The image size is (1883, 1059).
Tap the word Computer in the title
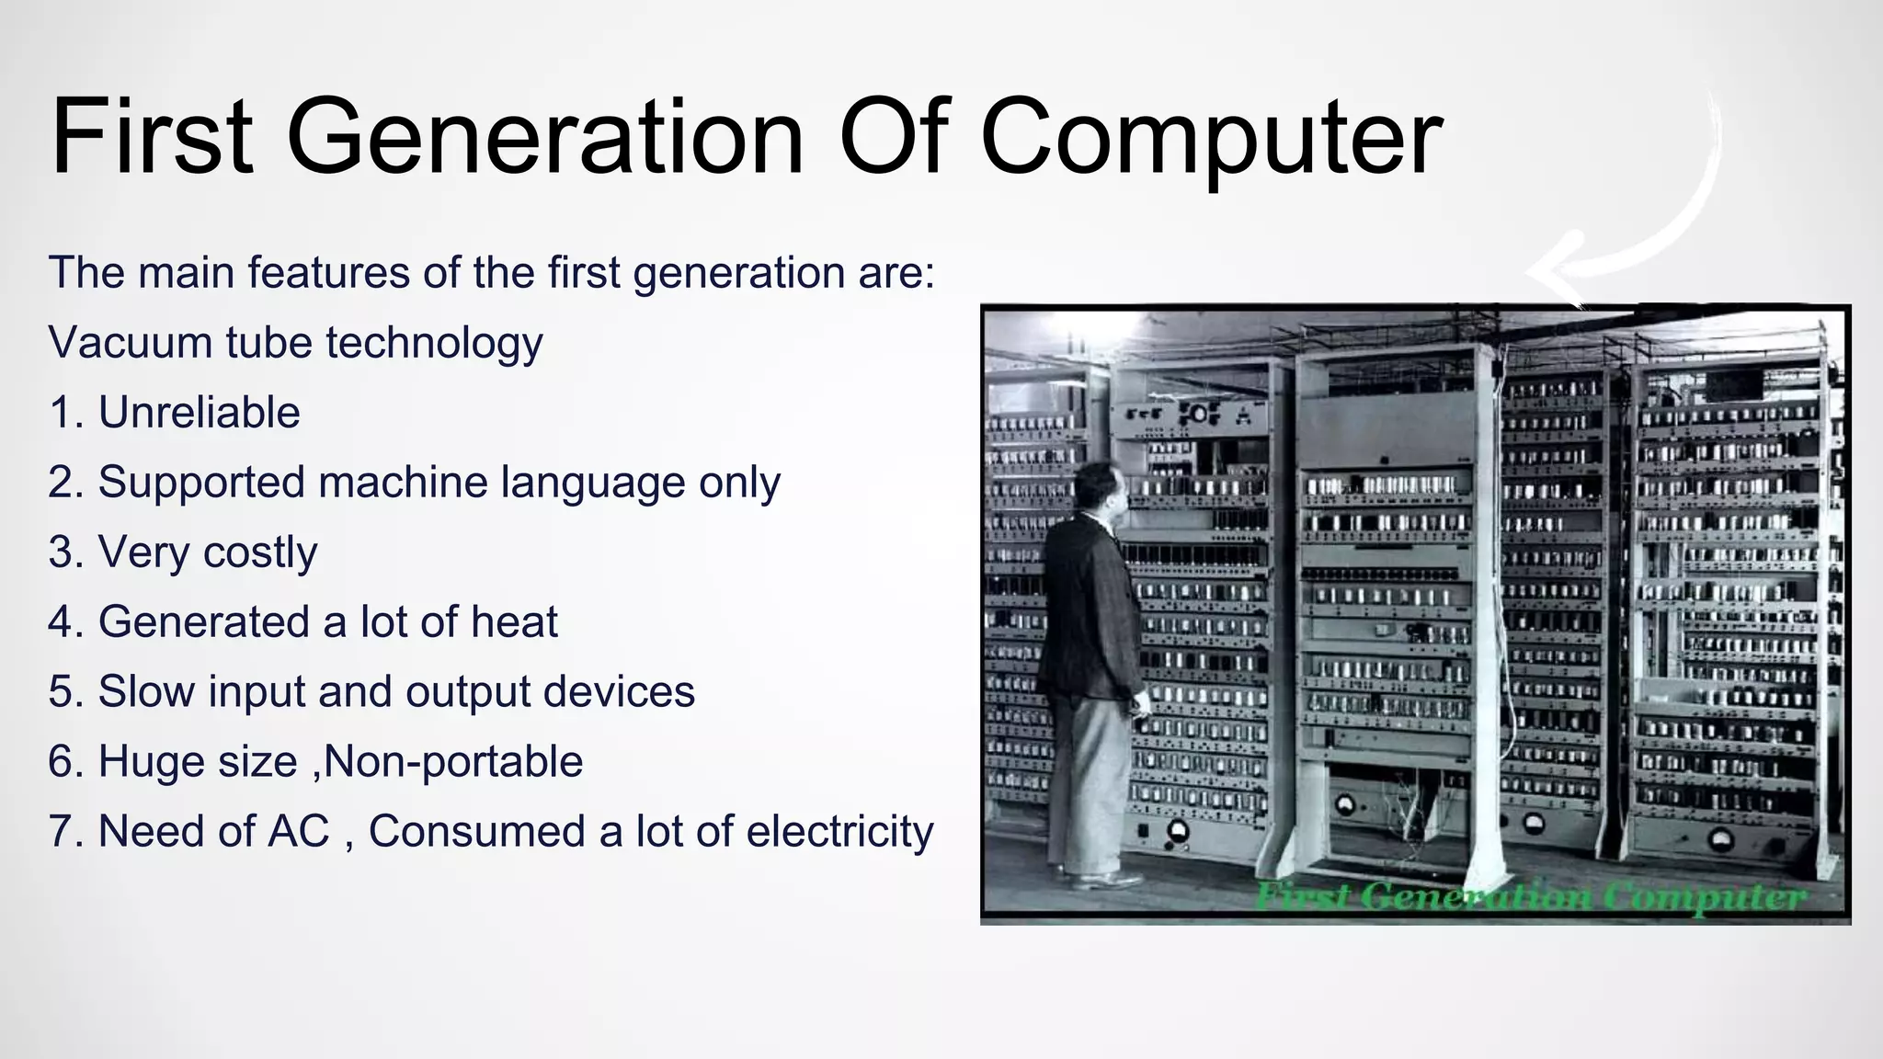1211,138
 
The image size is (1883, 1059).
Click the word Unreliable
199,413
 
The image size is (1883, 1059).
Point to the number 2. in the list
67,483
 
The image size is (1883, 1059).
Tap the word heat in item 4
514,622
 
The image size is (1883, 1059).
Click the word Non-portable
454,762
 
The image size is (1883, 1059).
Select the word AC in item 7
298,832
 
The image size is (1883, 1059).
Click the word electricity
839,832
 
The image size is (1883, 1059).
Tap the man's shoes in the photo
1103,879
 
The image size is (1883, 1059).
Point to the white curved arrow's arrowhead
1554,270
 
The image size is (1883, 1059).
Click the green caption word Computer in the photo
1706,896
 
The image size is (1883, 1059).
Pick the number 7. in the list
67,832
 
